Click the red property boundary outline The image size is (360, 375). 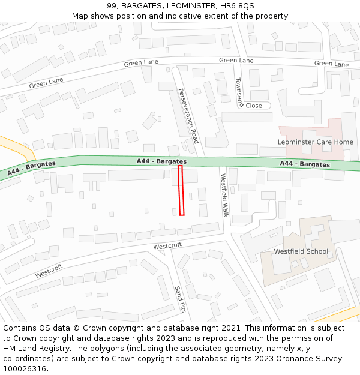click(181, 190)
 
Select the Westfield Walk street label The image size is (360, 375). click(224, 195)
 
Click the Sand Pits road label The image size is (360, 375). click(179, 299)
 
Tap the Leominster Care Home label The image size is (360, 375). click(315, 142)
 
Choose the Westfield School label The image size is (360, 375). click(301, 251)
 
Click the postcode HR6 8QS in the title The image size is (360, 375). click(236, 5)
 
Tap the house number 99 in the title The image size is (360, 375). click(112, 5)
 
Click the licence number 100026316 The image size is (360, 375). click(25, 369)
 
